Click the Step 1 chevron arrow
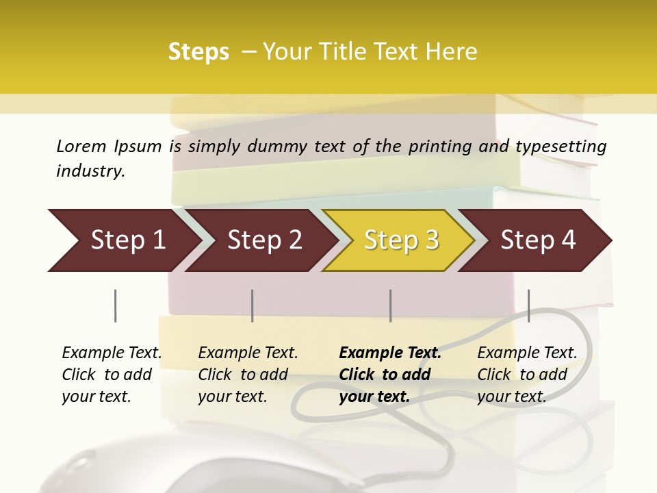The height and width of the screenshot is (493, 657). point(123,240)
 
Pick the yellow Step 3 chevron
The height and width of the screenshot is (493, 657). point(400,240)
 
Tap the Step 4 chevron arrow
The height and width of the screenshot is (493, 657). point(537,240)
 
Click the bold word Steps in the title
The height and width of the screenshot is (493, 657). point(198,52)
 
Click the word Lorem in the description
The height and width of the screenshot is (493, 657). point(81,146)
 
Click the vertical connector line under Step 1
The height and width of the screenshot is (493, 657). point(115,305)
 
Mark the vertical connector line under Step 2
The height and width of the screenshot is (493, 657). point(253,305)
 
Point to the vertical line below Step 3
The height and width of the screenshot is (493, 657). point(390,305)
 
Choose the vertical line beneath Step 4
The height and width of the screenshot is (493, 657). point(528,305)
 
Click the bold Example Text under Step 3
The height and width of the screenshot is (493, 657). point(390,353)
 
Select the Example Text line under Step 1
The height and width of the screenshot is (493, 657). point(112,353)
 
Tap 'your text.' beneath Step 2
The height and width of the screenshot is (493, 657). point(232,396)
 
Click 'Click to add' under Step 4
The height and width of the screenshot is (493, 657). point(522,375)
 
